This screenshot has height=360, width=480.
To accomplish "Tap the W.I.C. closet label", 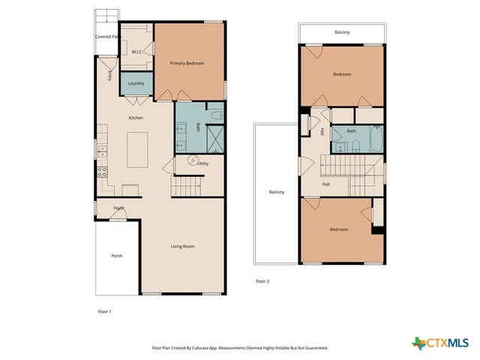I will tap(137, 52).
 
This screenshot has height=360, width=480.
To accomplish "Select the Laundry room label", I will tap(136, 83).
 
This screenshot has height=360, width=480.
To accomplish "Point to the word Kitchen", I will tap(136, 118).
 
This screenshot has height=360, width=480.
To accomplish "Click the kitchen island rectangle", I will tap(136, 149).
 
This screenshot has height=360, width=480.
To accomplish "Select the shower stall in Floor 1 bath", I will tap(214, 139).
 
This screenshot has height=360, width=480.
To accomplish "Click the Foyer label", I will tap(118, 208).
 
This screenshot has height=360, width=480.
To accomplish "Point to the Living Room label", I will tap(182, 246).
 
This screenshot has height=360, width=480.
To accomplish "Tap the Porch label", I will tap(117, 256).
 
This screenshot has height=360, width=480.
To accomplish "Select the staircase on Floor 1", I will tap(187, 184).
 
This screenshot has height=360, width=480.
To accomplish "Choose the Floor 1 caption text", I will tap(104, 310).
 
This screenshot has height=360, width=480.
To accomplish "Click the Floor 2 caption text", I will tap(262, 281).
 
